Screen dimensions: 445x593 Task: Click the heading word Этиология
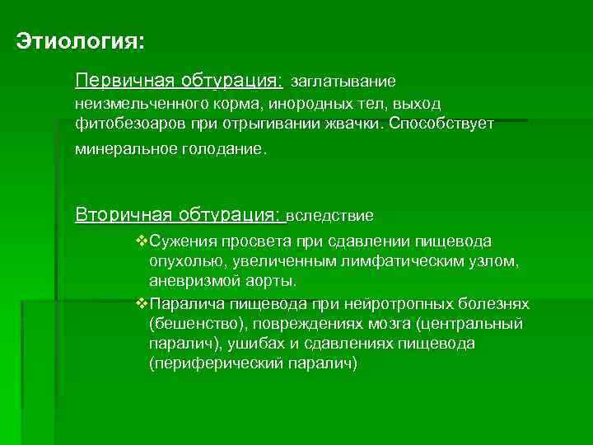(x=79, y=40)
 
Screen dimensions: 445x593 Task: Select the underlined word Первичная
(x=112, y=81)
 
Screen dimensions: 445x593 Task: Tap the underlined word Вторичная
(x=111, y=215)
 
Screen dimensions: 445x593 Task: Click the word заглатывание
(x=343, y=82)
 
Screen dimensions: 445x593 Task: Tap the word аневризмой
(x=192, y=281)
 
